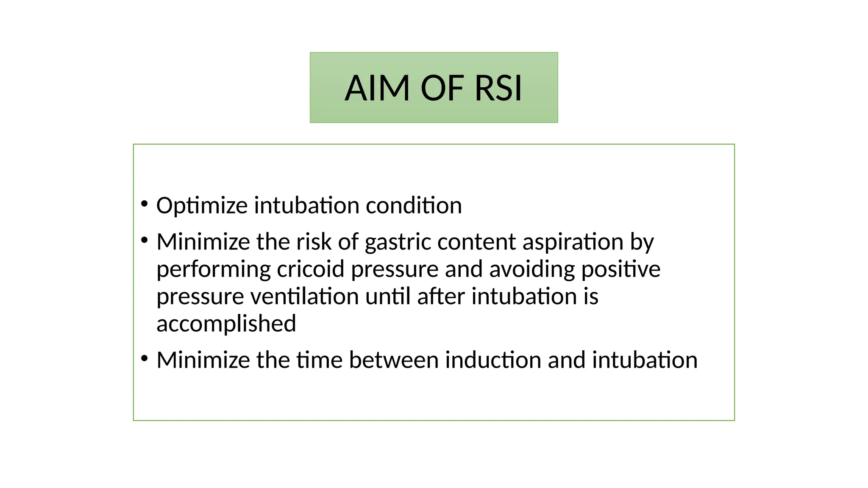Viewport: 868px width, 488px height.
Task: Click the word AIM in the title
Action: tap(377, 89)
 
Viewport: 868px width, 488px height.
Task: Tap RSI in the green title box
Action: tap(498, 89)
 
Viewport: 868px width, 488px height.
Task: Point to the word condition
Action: tap(414, 205)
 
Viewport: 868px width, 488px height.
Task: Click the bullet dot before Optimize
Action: tap(145, 204)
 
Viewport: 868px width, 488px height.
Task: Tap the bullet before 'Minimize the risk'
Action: tap(145, 241)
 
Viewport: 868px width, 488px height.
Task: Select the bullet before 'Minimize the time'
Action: tap(145, 359)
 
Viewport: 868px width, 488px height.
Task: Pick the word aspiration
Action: tap(573, 242)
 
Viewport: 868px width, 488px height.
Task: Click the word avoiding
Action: tap(532, 269)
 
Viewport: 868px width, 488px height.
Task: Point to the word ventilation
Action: tap(304, 296)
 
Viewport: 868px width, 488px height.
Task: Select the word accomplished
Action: tap(226, 324)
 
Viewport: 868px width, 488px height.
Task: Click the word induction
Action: tap(493, 360)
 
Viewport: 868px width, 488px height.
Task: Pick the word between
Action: tap(394, 360)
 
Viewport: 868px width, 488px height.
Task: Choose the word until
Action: tap(388, 296)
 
